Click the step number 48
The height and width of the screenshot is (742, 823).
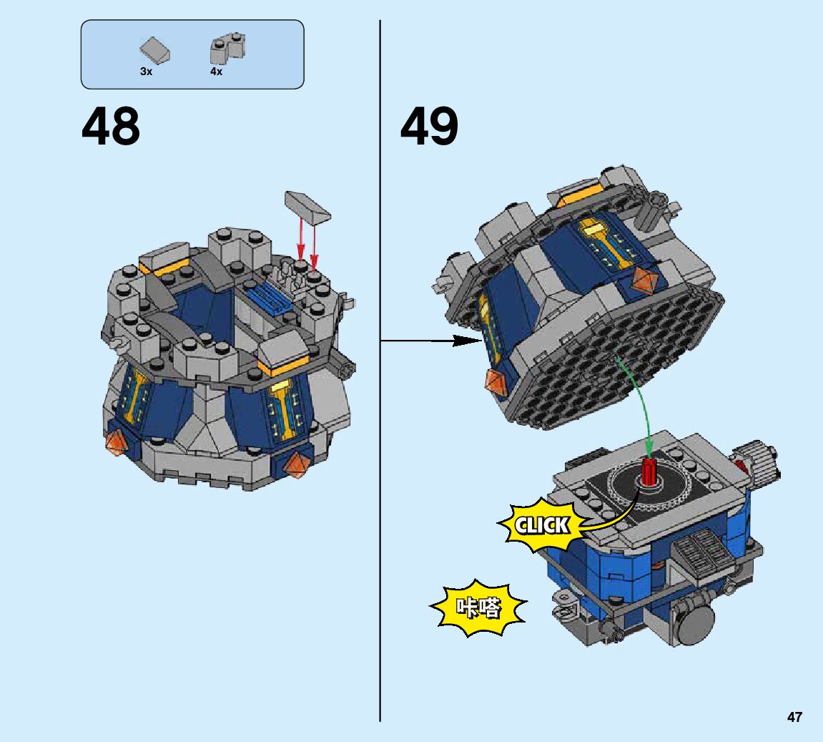(111, 127)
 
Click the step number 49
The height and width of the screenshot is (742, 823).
(429, 127)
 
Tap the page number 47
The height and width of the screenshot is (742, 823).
(794, 717)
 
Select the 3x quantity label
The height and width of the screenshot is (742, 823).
(146, 72)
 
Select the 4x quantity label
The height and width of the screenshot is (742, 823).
(216, 72)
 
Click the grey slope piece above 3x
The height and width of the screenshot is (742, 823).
(155, 50)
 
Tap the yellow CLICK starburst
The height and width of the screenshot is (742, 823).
(542, 526)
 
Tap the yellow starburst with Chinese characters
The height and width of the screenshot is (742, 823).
(478, 609)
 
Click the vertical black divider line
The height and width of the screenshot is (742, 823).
(380, 429)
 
